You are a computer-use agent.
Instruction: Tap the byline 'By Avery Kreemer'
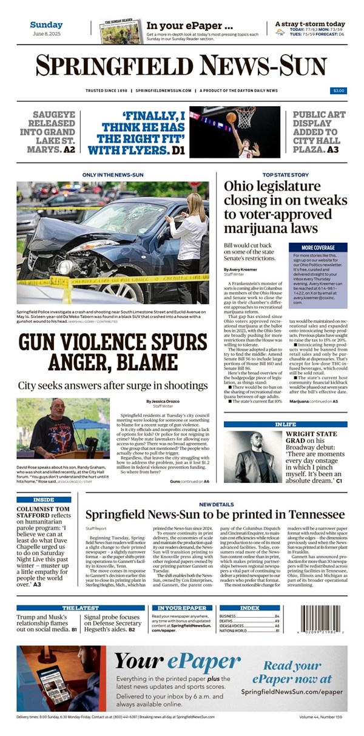pos(241,269)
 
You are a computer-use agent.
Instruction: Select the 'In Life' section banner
pos(285,424)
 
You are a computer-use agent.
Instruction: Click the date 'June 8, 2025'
pos(46,34)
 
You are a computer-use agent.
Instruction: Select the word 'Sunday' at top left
pos(46,25)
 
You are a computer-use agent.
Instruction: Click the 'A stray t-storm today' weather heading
pos(309,24)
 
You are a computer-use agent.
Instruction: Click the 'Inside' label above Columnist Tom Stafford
pos(44,500)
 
